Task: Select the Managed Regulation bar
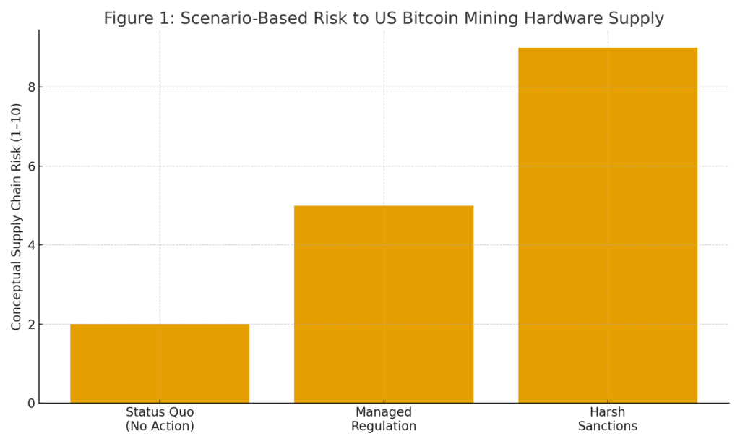pos(384,304)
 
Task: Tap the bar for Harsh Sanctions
pos(608,225)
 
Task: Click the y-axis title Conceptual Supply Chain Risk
pos(16,217)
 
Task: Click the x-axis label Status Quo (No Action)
pos(160,419)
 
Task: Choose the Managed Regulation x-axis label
pos(384,419)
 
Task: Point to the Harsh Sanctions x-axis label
pos(608,419)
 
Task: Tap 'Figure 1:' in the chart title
pos(139,19)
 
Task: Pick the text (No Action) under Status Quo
pos(160,427)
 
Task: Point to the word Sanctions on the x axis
pos(608,427)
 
